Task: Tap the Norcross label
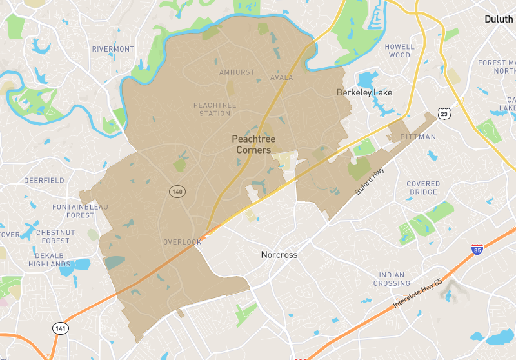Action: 279,255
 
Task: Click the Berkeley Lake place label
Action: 364,93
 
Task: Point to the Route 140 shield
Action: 177,192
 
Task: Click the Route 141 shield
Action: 60,328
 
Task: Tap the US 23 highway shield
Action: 444,114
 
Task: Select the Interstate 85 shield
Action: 477,250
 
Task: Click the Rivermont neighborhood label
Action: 113,49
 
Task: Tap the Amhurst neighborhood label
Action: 237,72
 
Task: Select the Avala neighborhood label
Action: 282,77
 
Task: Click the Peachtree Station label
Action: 215,109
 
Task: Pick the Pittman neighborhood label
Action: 418,137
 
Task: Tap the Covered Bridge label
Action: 423,188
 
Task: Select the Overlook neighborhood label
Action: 183,242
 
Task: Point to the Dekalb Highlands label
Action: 45,259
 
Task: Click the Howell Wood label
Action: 400,51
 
